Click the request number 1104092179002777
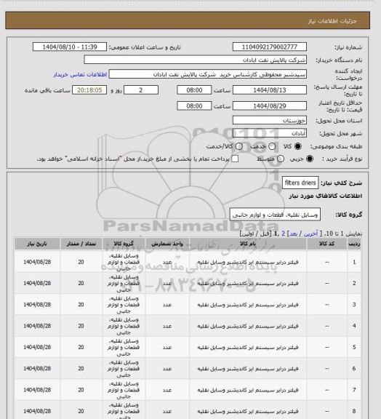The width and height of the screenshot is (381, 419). pyautogui.click(x=278, y=47)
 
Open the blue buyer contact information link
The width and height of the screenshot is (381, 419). pyautogui.click(x=76, y=75)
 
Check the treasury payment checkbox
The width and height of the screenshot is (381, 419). pyautogui.click(x=234, y=158)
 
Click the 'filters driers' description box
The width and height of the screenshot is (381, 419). pyautogui.click(x=298, y=184)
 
